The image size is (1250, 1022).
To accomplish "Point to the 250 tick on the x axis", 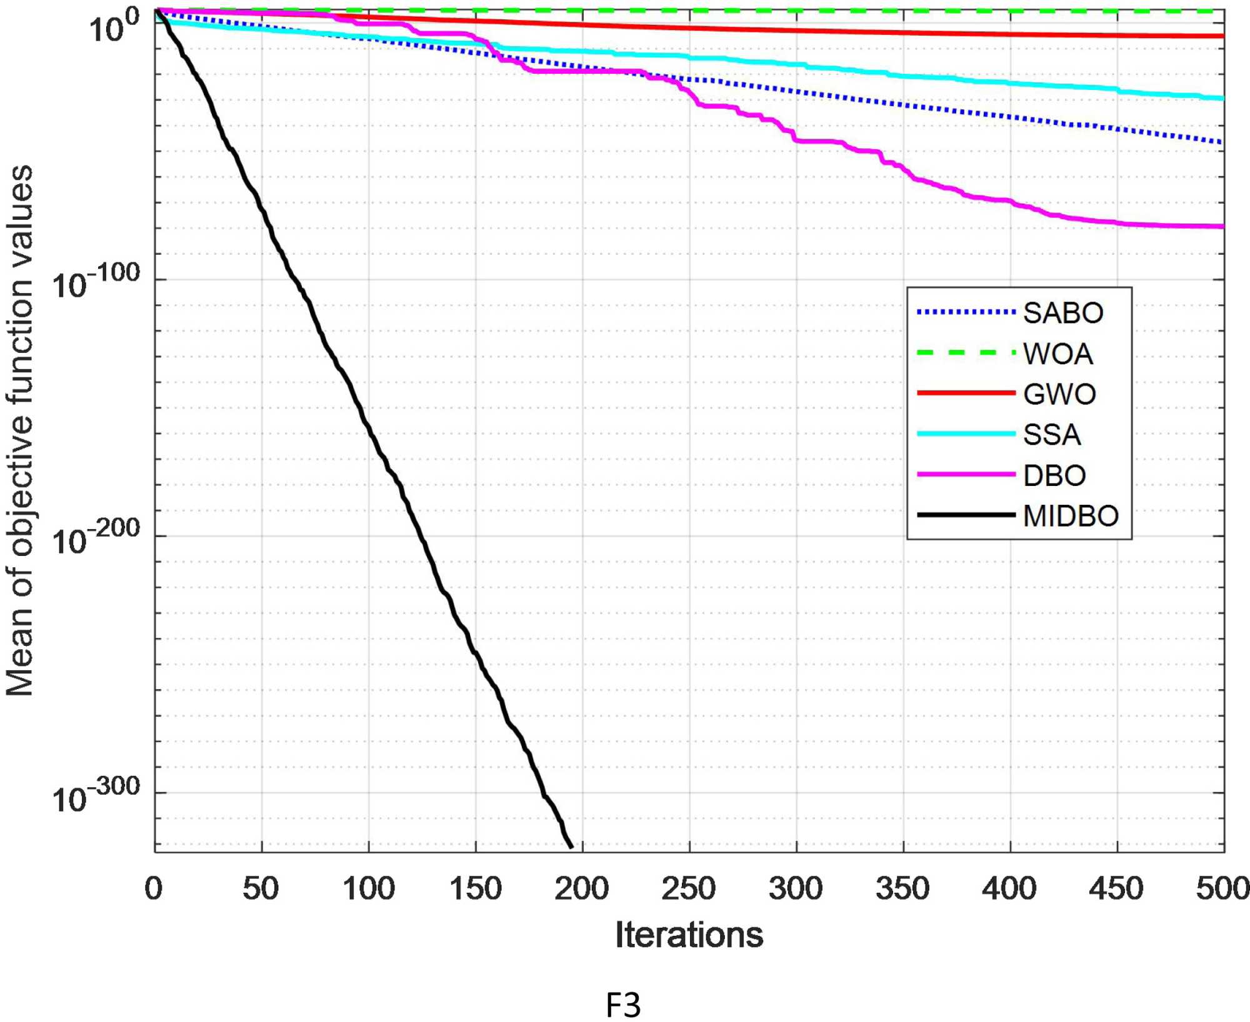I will pos(689,888).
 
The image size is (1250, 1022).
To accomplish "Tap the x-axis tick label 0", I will pos(154,888).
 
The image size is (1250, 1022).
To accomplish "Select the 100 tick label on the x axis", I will pos(369,888).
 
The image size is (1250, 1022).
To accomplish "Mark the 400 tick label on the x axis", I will pos(1009,888).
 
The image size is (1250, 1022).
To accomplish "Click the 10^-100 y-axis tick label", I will pos(96,282).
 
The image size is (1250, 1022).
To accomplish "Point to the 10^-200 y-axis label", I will pos(96,538).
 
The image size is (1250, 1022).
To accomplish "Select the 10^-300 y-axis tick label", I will pos(96,796).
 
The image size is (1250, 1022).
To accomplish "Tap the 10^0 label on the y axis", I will pos(114,26).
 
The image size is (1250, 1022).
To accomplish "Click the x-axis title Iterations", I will pos(689,935).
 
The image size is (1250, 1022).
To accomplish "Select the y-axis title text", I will pos(20,431).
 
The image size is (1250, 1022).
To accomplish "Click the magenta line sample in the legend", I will pos(966,475).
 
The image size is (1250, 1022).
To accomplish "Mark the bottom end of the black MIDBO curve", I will pos(571,846).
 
